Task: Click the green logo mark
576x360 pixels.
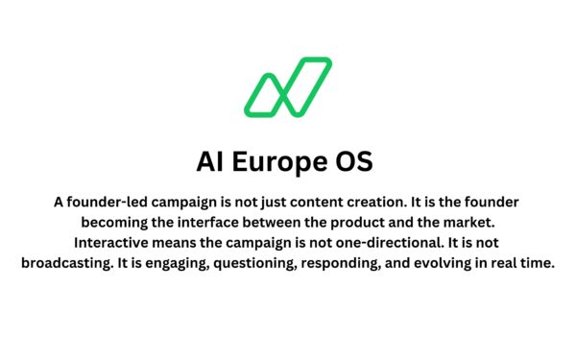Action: (288, 86)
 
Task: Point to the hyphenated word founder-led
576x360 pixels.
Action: (105, 203)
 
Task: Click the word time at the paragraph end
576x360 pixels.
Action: (536, 263)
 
